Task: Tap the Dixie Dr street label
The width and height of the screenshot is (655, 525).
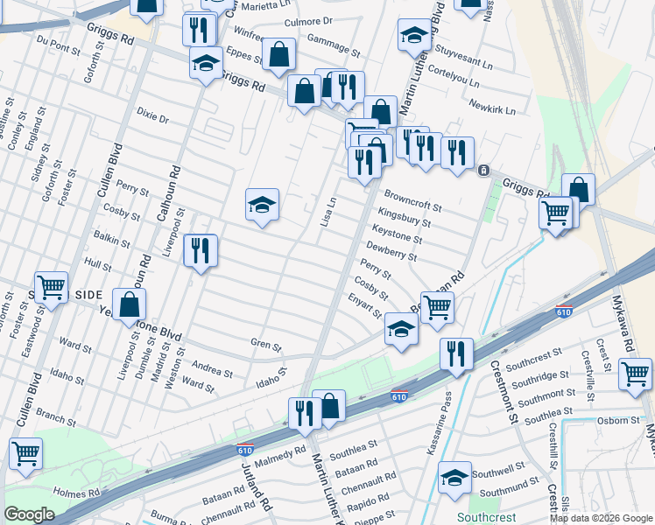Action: point(151,115)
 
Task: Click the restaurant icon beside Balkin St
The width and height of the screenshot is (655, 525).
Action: point(201,252)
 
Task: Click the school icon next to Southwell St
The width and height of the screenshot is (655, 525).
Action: point(454,478)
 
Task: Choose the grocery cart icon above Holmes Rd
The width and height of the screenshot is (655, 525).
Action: point(26,454)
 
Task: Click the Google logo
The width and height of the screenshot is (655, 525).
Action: point(29,514)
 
